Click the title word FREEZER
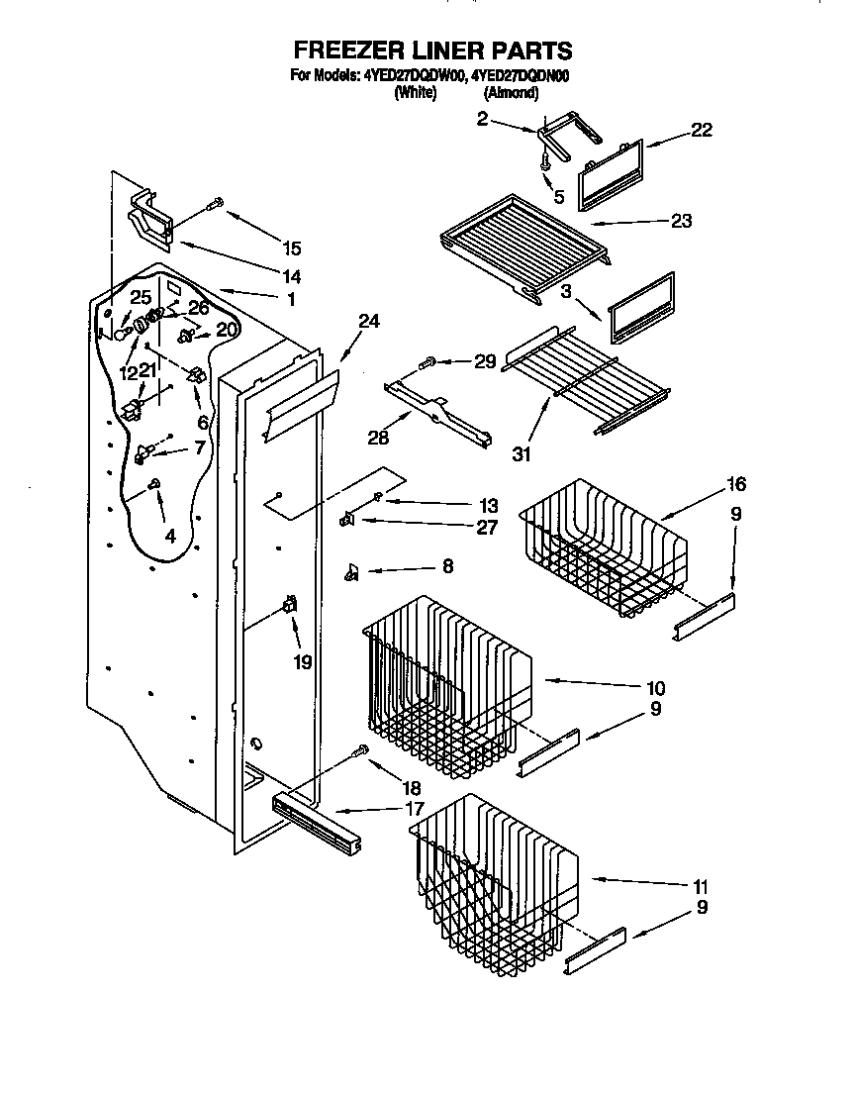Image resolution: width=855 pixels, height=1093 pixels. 347,50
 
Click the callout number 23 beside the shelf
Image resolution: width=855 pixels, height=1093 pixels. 680,221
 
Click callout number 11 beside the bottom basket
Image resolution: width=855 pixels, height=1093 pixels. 701,886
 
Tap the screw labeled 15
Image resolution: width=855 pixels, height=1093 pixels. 215,206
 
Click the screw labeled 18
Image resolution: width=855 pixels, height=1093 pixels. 362,750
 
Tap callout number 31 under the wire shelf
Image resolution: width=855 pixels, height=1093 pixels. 522,454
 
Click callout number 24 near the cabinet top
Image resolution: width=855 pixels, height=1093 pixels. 368,322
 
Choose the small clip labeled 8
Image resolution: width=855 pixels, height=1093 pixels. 351,570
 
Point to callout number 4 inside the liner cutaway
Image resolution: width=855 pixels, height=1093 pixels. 170,537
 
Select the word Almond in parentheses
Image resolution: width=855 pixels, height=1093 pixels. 511,93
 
